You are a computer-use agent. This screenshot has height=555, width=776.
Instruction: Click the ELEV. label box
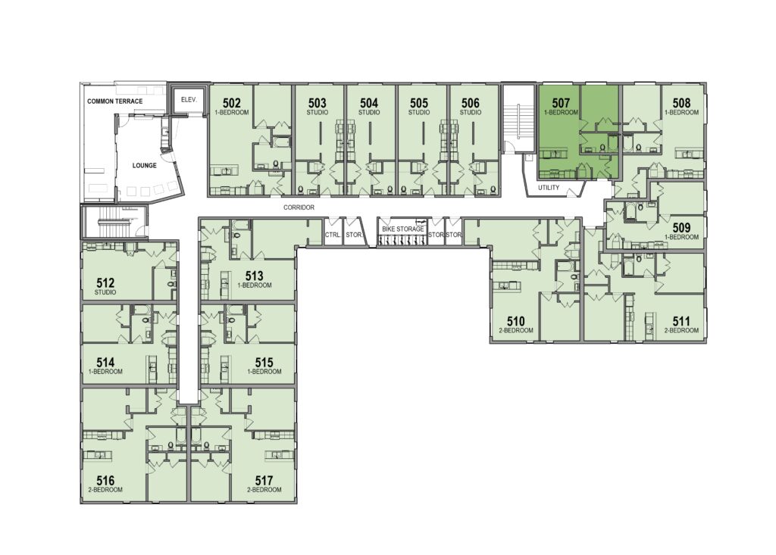pyautogui.click(x=189, y=100)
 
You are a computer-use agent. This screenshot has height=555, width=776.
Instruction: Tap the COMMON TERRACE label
pyautogui.click(x=115, y=101)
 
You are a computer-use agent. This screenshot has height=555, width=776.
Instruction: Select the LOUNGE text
pyautogui.click(x=145, y=166)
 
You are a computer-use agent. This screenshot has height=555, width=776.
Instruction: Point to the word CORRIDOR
pyautogui.click(x=299, y=207)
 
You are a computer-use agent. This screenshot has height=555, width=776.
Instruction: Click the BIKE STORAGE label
pyautogui.click(x=403, y=229)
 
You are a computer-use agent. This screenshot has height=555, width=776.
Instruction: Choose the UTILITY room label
pyautogui.click(x=549, y=188)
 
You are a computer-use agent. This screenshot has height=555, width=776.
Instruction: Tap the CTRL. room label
pyautogui.click(x=333, y=235)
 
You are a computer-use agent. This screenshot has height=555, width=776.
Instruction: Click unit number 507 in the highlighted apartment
pyautogui.click(x=561, y=103)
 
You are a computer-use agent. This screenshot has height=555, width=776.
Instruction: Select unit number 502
pyautogui.click(x=232, y=103)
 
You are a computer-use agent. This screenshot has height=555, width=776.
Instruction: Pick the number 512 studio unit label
pyautogui.click(x=105, y=283)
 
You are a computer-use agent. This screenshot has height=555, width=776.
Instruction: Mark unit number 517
pyautogui.click(x=264, y=480)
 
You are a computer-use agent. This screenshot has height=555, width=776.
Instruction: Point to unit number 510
pyautogui.click(x=515, y=322)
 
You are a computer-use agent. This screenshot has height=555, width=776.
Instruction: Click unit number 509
pyautogui.click(x=681, y=228)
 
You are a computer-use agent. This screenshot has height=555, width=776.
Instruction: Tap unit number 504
pyautogui.click(x=369, y=103)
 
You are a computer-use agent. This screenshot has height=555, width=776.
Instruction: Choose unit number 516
pyautogui.click(x=105, y=480)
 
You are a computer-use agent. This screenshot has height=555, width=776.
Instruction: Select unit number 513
pyautogui.click(x=254, y=276)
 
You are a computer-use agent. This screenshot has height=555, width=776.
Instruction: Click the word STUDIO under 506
pyautogui.click(x=471, y=112)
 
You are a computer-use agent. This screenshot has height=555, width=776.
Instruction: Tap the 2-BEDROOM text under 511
pyautogui.click(x=681, y=330)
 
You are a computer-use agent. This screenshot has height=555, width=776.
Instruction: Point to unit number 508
pyautogui.click(x=681, y=103)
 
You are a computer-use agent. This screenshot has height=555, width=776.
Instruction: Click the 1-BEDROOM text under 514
pyautogui.click(x=105, y=372)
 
